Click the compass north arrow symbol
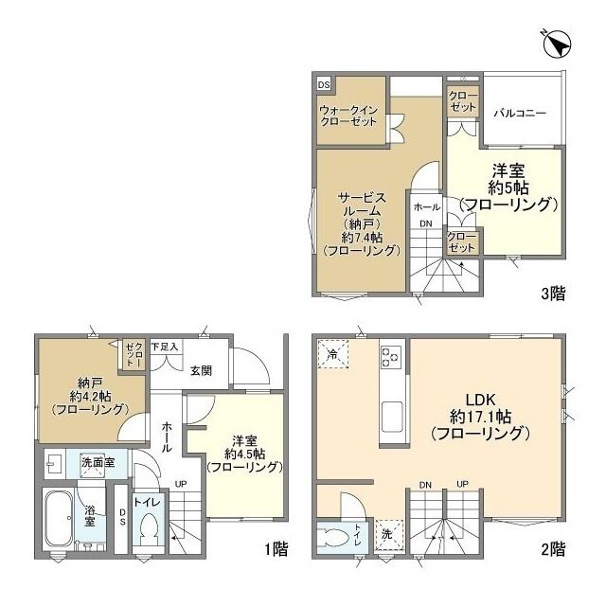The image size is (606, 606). (x=558, y=44)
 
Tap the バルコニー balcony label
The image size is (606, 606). (x=520, y=113)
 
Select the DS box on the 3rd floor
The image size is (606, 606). (x=324, y=84)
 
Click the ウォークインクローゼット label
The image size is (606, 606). (x=348, y=115)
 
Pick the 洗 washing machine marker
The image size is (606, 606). (x=387, y=533)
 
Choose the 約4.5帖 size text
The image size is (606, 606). (x=245, y=454)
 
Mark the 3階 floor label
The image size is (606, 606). (x=553, y=294)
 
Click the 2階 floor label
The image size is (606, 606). (x=553, y=548)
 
